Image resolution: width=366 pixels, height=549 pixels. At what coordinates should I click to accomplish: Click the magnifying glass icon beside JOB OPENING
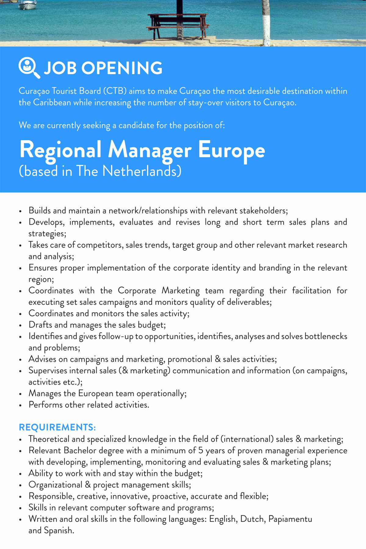click(29, 68)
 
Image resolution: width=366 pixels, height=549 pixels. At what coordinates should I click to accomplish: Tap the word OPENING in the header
click(122, 68)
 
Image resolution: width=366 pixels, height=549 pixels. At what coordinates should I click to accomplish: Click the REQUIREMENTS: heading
click(57, 427)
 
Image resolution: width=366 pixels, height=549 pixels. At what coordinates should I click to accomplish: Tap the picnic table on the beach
click(178, 26)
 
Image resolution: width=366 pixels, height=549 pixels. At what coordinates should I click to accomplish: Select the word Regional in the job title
click(60, 150)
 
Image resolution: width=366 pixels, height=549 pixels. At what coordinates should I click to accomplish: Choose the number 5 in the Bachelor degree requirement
click(201, 450)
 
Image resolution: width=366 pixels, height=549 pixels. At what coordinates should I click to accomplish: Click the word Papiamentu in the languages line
click(290, 519)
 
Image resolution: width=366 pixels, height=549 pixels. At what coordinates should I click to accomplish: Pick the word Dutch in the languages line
click(252, 519)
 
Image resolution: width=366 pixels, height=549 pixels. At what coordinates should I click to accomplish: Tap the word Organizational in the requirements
click(56, 485)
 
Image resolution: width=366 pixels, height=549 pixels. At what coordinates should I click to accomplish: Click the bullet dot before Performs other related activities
click(20, 406)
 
